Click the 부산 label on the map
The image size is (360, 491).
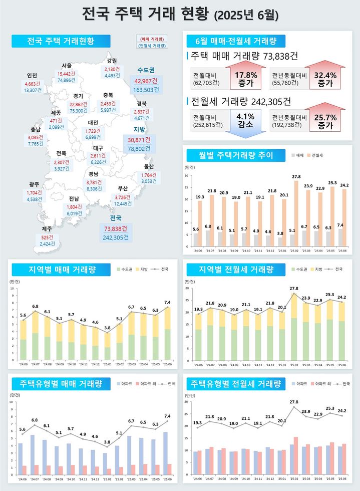click(123, 188)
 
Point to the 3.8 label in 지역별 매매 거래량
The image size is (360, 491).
click(107, 328)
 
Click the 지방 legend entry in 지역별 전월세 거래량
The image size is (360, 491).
click(317, 270)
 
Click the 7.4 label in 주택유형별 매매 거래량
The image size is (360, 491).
click(166, 416)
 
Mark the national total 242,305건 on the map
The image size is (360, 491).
click(116, 237)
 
